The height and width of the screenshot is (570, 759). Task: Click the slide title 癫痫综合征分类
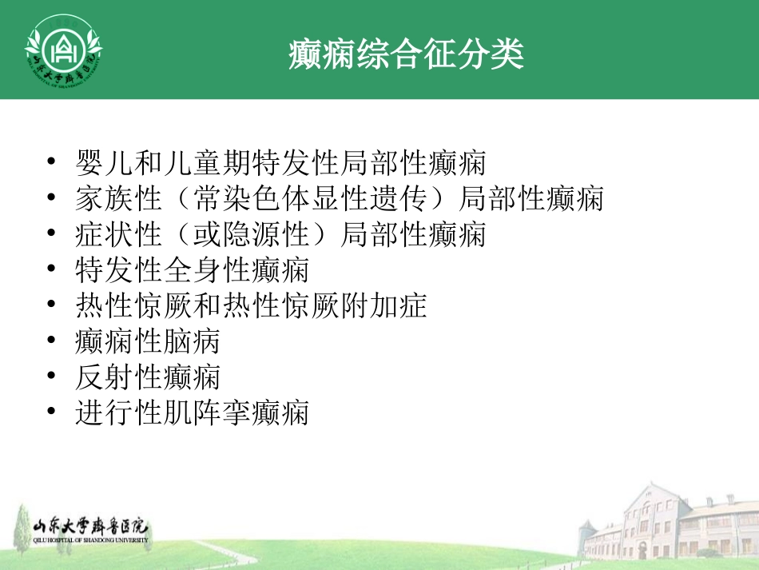pos(406,54)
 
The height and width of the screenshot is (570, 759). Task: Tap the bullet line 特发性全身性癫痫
pos(192,270)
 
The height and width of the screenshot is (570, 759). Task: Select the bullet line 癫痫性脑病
pos(148,341)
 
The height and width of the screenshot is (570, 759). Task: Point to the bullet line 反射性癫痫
pos(148,377)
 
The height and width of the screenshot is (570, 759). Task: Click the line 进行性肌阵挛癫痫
pos(192,413)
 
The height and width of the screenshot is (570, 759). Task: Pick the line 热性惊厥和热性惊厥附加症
pos(251,305)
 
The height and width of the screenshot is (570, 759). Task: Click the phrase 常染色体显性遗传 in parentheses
pos(309,199)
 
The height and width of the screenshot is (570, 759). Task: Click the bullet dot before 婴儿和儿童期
pos(52,164)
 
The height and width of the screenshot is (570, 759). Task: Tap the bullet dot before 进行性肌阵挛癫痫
pos(52,413)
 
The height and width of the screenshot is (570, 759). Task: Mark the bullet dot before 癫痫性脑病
pos(52,341)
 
